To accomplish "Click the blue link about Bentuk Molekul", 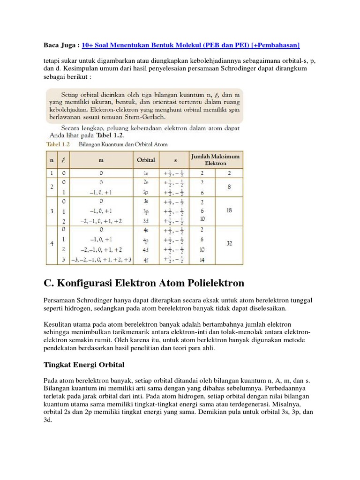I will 190,45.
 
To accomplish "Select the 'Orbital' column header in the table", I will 145,160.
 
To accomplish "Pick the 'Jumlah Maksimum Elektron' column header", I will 215,159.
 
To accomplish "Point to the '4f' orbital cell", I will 146,259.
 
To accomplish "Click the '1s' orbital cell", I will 146,173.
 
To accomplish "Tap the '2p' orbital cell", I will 146,192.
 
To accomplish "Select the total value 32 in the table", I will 229,244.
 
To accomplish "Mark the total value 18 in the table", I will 229,211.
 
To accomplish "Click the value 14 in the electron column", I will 202,259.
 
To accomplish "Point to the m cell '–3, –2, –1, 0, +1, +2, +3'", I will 101,259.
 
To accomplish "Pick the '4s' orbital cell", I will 146,230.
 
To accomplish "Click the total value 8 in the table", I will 229,187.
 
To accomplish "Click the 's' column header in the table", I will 173,160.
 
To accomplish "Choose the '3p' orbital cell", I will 146,211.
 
